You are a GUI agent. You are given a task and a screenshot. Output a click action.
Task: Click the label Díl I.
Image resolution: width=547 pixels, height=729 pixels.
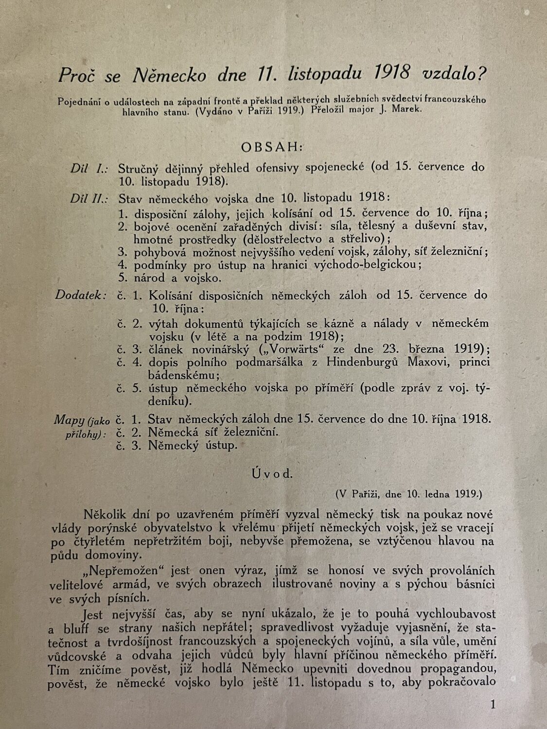click(x=87, y=168)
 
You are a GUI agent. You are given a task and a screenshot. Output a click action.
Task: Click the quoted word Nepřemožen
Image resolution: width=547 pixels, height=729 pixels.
click(x=118, y=571)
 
